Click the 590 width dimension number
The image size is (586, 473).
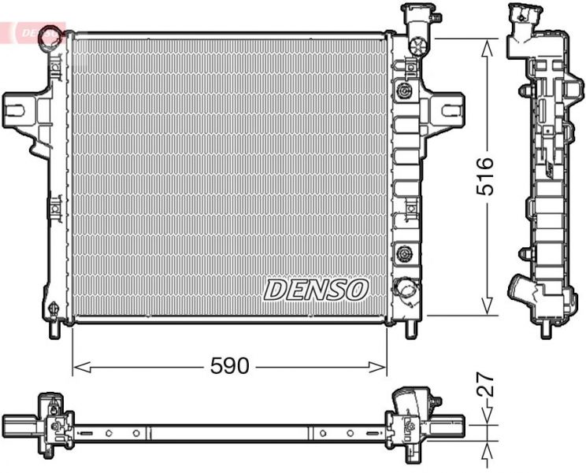coord(229,366)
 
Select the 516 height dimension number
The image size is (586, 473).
coord(485,176)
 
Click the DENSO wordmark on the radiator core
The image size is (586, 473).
coord(316,290)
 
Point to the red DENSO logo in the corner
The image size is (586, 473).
coord(35,32)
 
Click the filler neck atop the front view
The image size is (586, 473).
coord(417,20)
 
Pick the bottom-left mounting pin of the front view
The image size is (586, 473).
coord(54,328)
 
